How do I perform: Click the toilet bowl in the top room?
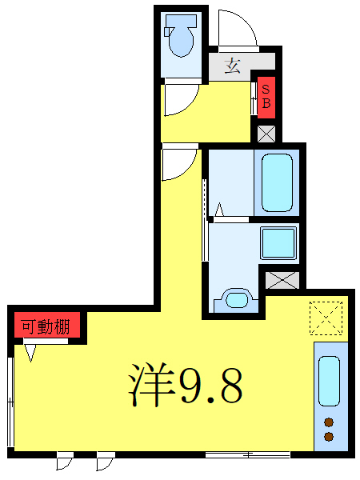180,42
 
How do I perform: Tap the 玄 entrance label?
233,66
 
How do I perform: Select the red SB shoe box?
266,95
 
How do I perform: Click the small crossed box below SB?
266,133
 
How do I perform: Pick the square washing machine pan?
278,242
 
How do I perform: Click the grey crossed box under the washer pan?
282,281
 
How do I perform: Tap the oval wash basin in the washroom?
236,300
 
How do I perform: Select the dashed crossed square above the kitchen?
325,316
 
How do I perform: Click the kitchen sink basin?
329,382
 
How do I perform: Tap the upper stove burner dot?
329,422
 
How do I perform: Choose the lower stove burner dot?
329,436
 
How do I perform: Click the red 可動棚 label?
46,326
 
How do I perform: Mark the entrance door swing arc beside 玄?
237,30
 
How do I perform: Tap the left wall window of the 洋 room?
11,396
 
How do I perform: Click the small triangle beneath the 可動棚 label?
31,352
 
